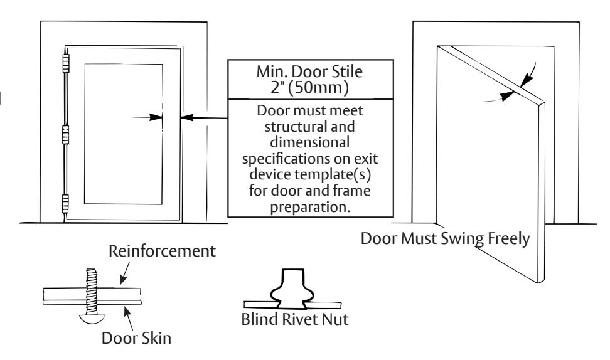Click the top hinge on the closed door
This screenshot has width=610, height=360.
point(66,64)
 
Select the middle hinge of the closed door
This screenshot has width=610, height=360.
point(66,134)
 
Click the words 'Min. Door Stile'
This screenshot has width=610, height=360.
point(309,71)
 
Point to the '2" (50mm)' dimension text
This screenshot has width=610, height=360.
point(309,87)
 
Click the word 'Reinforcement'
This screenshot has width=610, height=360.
point(162,251)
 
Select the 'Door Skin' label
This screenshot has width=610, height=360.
point(136,338)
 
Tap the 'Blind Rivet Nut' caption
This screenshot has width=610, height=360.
point(295,319)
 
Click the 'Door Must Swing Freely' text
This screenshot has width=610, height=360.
point(445,238)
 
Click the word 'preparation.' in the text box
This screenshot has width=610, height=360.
point(310,207)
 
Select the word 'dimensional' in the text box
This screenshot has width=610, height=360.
point(309,142)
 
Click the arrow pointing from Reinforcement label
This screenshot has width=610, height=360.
point(125,273)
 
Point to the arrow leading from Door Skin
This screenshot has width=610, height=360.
point(129,317)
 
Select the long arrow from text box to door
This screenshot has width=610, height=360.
point(204,117)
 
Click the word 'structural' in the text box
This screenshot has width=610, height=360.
point(309,127)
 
